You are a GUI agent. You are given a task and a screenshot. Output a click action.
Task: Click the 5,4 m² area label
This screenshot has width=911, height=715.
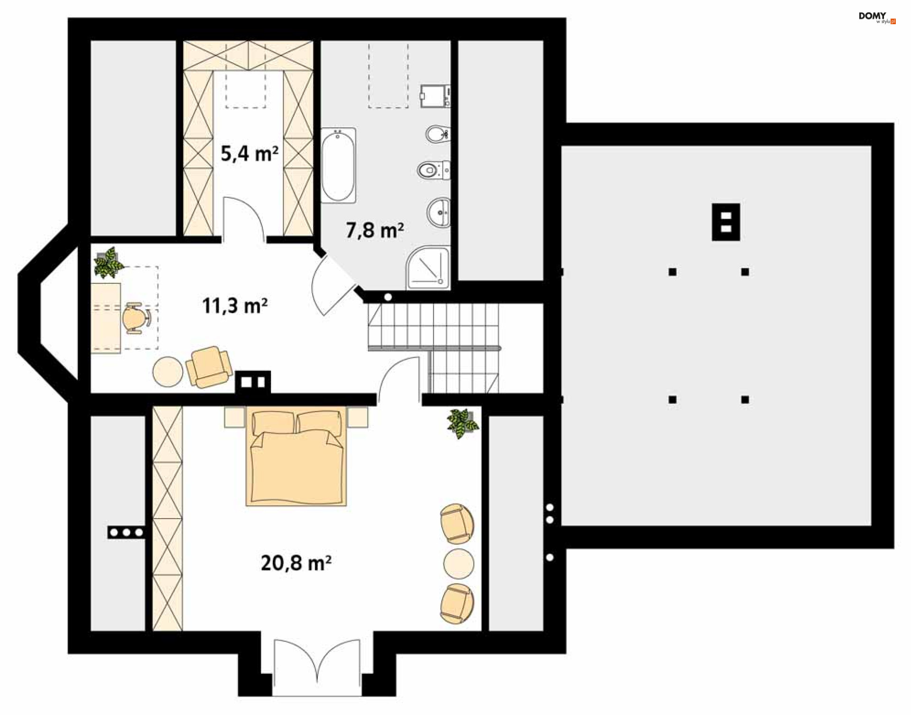click(x=250, y=153)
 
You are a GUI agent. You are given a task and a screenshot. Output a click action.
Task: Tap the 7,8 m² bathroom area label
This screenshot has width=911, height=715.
click(x=375, y=230)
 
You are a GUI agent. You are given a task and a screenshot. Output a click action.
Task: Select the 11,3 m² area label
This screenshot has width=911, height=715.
click(x=235, y=306)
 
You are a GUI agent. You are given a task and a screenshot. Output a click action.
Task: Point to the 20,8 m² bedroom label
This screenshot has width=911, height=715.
click(x=296, y=563)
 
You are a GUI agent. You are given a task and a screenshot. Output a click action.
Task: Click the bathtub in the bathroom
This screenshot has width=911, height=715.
click(x=338, y=166)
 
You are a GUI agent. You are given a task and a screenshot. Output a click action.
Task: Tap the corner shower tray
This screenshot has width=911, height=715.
click(x=428, y=268)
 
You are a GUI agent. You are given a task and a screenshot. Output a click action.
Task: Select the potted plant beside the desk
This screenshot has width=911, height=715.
click(x=109, y=262)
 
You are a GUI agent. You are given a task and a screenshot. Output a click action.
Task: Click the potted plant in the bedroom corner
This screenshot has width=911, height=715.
click(x=462, y=424)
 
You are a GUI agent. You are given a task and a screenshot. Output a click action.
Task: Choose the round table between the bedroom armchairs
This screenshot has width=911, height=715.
click(x=459, y=564)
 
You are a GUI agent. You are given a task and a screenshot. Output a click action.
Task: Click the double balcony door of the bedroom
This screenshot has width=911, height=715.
click(x=317, y=667)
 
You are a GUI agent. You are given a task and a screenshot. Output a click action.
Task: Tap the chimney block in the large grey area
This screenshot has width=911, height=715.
click(x=726, y=222)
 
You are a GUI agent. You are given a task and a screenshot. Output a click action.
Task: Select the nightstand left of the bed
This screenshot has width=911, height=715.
click(x=234, y=418)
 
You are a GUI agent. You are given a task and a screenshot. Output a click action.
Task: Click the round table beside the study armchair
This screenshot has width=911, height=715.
click(x=167, y=371)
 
